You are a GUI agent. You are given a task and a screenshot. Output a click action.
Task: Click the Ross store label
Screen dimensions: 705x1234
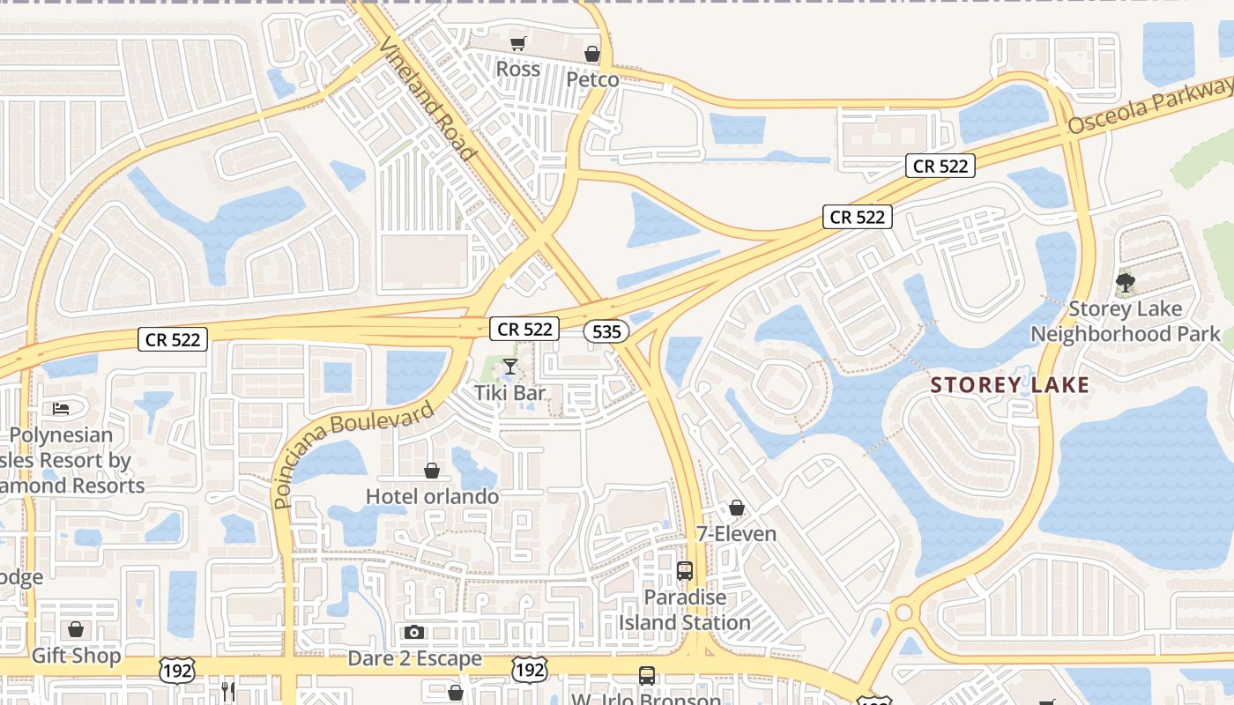click(x=518, y=69)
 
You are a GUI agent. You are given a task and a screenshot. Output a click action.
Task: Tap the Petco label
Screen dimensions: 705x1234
click(x=592, y=79)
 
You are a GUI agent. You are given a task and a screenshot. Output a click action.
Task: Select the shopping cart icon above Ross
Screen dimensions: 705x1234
click(x=518, y=43)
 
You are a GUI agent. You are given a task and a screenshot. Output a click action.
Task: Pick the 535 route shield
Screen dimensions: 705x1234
click(x=606, y=331)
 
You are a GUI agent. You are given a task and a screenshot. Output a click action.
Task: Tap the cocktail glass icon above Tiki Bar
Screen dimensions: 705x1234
click(x=510, y=367)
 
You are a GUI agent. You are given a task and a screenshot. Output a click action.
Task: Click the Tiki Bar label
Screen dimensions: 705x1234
click(x=510, y=392)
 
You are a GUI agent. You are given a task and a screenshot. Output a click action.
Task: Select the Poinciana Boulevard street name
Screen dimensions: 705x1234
click(x=353, y=455)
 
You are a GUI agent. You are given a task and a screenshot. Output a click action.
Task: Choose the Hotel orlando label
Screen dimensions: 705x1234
click(x=432, y=496)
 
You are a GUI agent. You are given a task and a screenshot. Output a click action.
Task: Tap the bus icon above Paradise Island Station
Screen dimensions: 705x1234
click(x=685, y=571)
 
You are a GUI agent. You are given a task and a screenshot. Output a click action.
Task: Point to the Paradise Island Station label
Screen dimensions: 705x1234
click(x=685, y=610)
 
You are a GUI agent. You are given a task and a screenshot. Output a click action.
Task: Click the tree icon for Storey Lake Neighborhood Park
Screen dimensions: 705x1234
click(x=1125, y=284)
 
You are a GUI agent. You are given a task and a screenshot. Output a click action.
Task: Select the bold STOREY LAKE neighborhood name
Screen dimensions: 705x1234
click(x=1010, y=385)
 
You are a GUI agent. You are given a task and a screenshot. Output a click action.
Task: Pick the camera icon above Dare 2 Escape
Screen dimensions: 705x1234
click(x=414, y=632)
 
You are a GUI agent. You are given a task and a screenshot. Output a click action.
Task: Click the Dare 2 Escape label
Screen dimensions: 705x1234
click(x=414, y=658)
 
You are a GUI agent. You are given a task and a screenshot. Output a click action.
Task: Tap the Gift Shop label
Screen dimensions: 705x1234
click(x=76, y=657)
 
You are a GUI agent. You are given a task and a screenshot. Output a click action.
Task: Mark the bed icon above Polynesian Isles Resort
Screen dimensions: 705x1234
click(x=61, y=409)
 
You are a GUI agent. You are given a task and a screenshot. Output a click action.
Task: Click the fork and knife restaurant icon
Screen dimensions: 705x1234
click(x=228, y=691)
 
